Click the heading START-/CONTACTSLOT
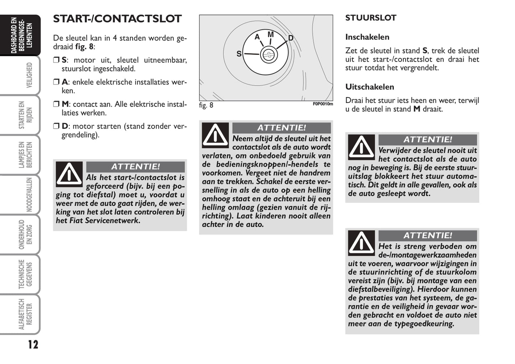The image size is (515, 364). [x=117, y=19]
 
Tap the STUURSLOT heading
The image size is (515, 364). [x=371, y=18]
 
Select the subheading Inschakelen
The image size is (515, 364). [x=367, y=37]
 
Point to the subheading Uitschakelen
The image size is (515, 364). [x=370, y=87]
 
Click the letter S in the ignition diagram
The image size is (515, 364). [x=239, y=54]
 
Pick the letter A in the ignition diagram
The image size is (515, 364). [x=257, y=37]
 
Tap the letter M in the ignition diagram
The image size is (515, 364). [x=271, y=35]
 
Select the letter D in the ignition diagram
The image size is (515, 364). [x=290, y=38]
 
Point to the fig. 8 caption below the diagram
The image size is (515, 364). [x=206, y=105]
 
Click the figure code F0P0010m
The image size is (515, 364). [x=323, y=104]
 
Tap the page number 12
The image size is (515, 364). [x=33, y=344]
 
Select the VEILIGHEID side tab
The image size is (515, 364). [x=29, y=75]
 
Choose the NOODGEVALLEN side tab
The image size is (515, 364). [x=29, y=195]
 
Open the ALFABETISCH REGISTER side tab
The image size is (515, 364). [x=26, y=314]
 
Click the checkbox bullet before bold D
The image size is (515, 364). [x=56, y=126]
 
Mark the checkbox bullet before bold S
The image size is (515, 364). [x=56, y=60]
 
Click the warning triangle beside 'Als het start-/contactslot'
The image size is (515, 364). [x=69, y=174]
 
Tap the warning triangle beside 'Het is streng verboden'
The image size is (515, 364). [x=361, y=243]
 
